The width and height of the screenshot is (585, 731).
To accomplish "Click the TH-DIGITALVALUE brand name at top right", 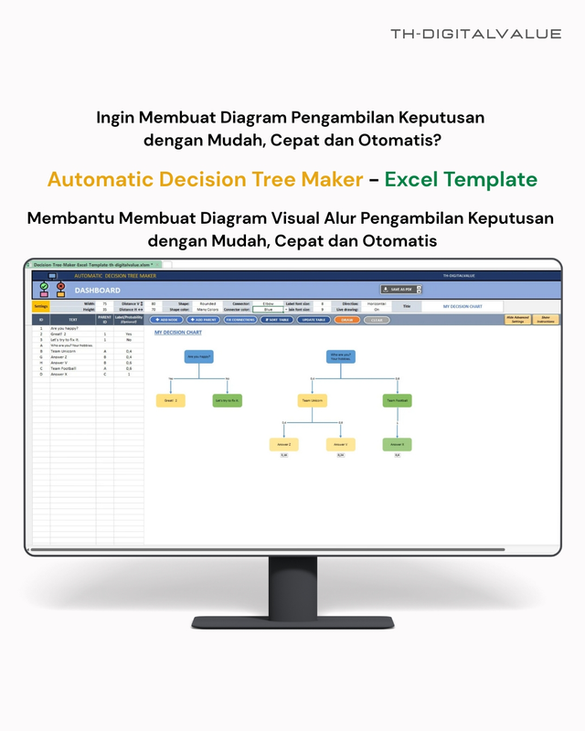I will [x=475, y=34].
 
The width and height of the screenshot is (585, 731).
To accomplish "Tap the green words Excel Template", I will [x=461, y=179].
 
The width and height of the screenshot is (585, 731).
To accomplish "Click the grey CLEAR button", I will [x=377, y=320].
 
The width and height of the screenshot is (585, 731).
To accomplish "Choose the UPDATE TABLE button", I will [x=314, y=320].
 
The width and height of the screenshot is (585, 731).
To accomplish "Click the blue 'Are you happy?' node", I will [x=198, y=356].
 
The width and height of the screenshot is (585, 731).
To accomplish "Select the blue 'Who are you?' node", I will [x=341, y=356].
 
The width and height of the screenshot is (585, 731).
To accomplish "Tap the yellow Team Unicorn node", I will [x=311, y=400].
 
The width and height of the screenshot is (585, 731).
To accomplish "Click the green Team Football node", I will [x=397, y=400].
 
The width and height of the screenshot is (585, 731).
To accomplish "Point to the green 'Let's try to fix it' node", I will [x=227, y=400].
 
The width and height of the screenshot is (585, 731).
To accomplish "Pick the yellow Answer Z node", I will [x=283, y=444].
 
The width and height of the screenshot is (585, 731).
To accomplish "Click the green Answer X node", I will [x=397, y=444].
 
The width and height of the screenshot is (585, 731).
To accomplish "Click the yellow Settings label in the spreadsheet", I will [x=41, y=306].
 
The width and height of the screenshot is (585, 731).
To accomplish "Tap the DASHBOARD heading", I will [x=97, y=290].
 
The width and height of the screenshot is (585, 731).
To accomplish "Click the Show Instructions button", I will [x=547, y=320].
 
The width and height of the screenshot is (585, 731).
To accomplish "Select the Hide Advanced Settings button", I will [x=517, y=320].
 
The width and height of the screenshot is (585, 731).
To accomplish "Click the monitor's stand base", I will [x=292, y=623].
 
